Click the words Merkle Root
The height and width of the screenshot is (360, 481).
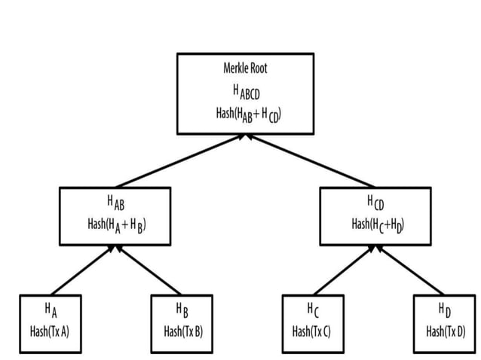click(x=245, y=69)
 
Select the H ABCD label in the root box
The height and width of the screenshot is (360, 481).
click(x=245, y=92)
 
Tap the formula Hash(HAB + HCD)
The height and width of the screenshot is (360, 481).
click(x=245, y=114)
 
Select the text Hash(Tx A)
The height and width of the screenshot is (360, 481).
click(x=50, y=330)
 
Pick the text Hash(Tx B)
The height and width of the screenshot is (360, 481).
click(x=182, y=330)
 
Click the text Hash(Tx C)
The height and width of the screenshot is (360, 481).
click(x=312, y=330)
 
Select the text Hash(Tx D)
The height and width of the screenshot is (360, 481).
click(x=445, y=330)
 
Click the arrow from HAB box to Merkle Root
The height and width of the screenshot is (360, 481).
click(x=180, y=161)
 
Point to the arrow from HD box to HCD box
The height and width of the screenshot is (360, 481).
click(x=411, y=270)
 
